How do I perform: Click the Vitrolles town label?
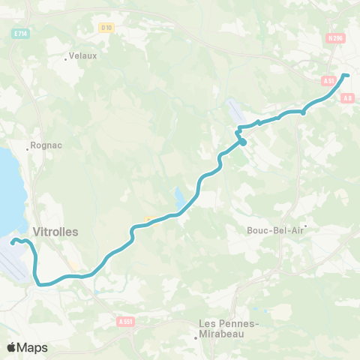tap(55, 232)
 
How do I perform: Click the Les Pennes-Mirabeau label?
tap(228, 328)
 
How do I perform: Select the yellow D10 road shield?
tap(106, 28)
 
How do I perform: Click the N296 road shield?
tap(335, 37)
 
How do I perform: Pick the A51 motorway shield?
tap(328, 80)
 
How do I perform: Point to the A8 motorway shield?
tap(346, 97)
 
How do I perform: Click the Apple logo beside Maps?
tap(12, 347)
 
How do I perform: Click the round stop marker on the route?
tap(242, 141)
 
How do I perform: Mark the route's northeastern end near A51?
tap(347, 75)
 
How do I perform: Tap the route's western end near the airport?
tap(13, 241)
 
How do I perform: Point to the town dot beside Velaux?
tap(66, 58)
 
